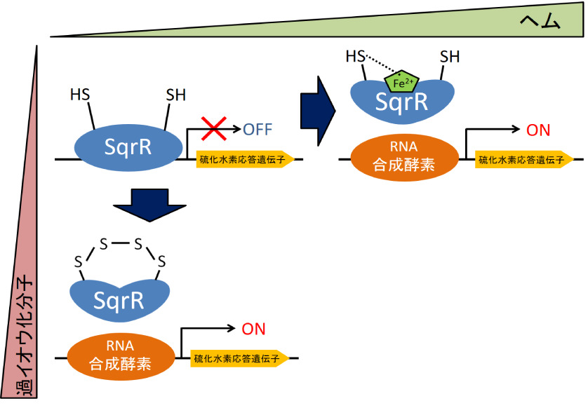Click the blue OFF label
[x=257, y=129]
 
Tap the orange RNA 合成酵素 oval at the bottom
[x=121, y=356]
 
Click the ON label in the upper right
[x=538, y=130]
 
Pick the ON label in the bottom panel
[x=253, y=329]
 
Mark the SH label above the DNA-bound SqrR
[x=176, y=94]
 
